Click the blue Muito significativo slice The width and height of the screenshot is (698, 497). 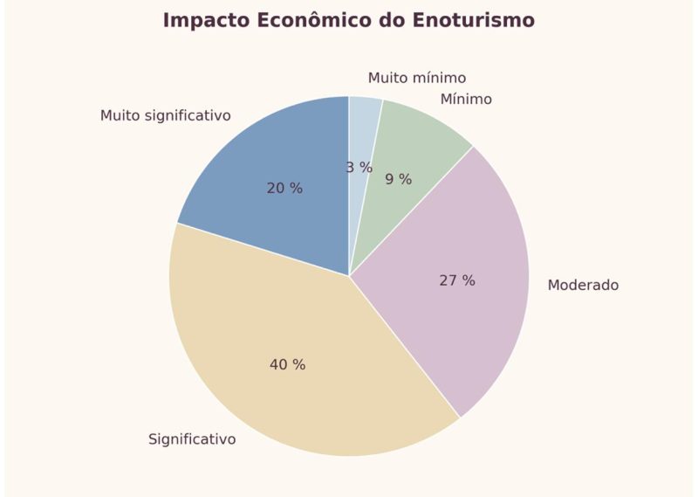262,166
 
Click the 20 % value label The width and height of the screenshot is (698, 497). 284,188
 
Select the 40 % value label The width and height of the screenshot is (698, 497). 287,364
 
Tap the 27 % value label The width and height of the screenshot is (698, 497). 457,280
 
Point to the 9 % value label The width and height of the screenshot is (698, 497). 398,179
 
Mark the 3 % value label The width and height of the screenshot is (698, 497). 359,167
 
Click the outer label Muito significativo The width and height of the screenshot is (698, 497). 165,115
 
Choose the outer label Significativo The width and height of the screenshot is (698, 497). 192,439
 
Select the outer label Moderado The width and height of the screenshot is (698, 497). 583,285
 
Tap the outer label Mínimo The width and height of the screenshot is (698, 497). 466,99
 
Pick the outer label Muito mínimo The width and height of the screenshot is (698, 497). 416,78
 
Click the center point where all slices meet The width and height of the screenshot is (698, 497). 349,276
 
